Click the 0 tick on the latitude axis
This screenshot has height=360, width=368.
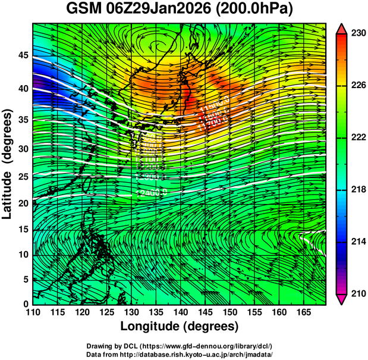click(x=24, y=303)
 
